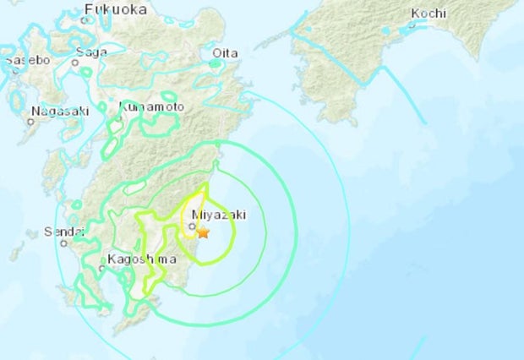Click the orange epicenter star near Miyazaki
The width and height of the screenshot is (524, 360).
[x=203, y=232]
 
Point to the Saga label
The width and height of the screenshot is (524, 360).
[x=90, y=52]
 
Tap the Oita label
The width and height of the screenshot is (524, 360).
[x=224, y=52]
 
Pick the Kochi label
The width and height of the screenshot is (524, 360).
[x=428, y=13]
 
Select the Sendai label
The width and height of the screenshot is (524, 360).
[x=64, y=231]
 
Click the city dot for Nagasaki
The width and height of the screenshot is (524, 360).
[x=30, y=122]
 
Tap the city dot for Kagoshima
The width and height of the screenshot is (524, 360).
[x=101, y=270]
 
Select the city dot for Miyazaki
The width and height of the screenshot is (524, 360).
[x=193, y=226]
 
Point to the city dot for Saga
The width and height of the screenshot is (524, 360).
[x=74, y=61]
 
